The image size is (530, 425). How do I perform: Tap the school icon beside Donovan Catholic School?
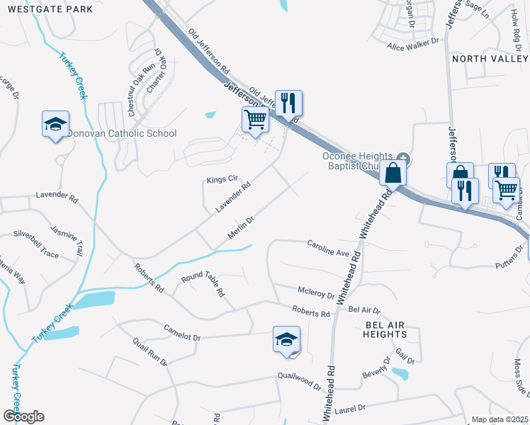[x=55, y=125]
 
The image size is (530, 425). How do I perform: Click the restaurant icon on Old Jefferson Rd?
[x=288, y=103]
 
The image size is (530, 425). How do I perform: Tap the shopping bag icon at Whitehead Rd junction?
[x=392, y=172]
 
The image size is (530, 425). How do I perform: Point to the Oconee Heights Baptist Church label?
[x=357, y=161]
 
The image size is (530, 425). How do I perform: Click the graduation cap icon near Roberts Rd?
[x=286, y=339]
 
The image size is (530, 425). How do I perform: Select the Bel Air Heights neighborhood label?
[x=385, y=329]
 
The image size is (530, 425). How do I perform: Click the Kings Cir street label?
[x=220, y=179]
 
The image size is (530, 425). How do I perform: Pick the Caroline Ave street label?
[x=329, y=248]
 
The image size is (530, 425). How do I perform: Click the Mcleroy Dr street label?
[x=316, y=292]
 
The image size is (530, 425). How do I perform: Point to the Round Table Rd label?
[x=203, y=285]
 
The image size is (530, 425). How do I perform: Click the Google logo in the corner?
[x=23, y=416]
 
